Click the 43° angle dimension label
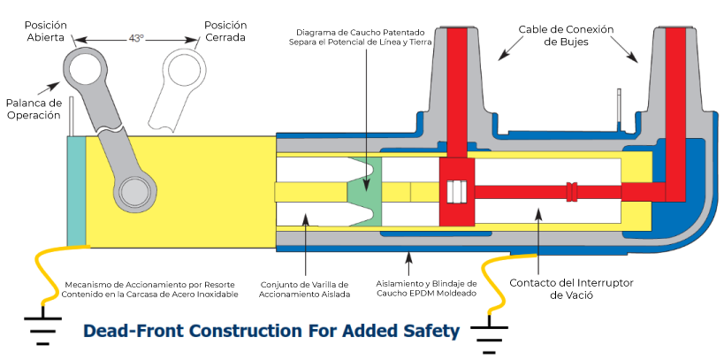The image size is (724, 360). coord(135,38)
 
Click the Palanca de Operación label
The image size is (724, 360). coord(34,109)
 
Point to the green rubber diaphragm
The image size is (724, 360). coord(362,191)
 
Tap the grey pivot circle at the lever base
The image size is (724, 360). coord(137,190)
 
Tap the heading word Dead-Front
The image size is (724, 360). coord(126,332)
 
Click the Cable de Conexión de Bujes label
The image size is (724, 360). coord(566,35)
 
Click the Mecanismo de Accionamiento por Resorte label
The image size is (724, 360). coord(150,288)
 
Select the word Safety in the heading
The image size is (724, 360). coord(431,332)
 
